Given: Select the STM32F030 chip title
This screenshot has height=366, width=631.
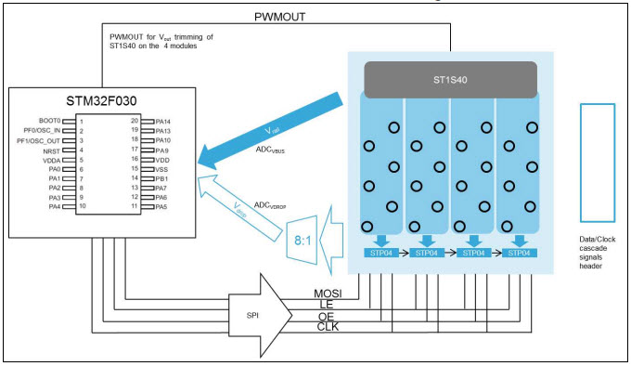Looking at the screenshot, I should pos(104,100).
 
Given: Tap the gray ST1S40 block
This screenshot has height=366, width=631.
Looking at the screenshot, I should pos(450,80).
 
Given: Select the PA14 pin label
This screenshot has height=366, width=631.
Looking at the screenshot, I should pos(162,121).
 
